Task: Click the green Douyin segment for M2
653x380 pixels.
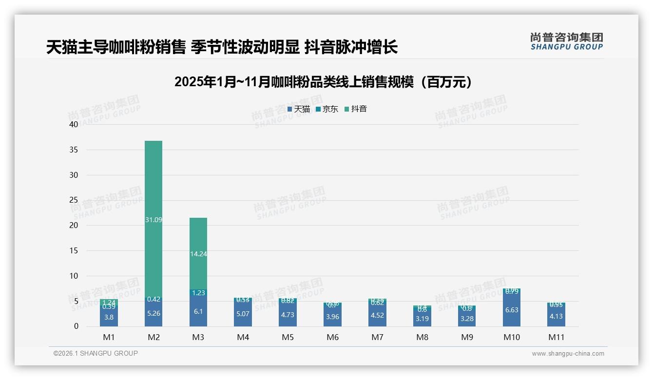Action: (x=154, y=185)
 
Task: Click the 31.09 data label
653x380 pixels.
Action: (x=154, y=220)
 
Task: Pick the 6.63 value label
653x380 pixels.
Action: (x=512, y=310)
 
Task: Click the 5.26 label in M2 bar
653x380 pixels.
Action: (x=154, y=313)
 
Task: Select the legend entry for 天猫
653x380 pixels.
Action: (x=299, y=109)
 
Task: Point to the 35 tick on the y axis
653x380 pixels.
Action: (x=74, y=150)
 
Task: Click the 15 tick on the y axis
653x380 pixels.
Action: (x=74, y=250)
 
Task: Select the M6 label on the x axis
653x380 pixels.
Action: (x=333, y=337)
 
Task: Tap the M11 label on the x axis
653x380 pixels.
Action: (x=557, y=337)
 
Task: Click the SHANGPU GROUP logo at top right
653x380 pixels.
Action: (x=566, y=41)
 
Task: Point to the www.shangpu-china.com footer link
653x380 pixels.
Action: (x=568, y=354)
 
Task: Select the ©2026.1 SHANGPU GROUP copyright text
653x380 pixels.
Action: (x=96, y=353)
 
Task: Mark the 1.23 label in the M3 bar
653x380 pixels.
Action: (x=198, y=293)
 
